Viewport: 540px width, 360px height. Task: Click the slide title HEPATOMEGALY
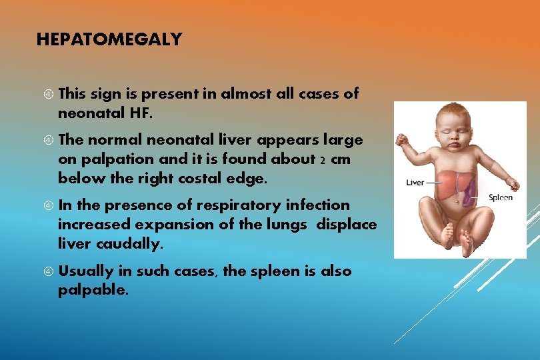click(x=109, y=40)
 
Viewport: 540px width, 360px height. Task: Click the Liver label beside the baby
click(x=415, y=181)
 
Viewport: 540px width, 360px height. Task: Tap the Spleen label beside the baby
click(x=501, y=197)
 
